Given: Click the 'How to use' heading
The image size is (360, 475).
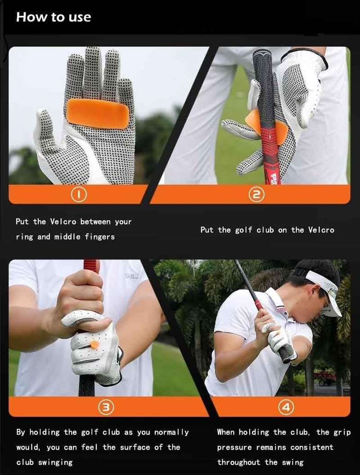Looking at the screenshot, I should [53, 17].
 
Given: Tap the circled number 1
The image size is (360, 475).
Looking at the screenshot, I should [79, 195].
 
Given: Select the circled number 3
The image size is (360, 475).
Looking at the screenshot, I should [106, 407].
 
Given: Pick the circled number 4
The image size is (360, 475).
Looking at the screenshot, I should [285, 407].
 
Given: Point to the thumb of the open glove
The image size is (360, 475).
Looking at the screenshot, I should [45, 135].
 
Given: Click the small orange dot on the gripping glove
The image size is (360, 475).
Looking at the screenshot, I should [94, 344].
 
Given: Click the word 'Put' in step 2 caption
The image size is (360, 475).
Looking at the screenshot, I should [207, 230].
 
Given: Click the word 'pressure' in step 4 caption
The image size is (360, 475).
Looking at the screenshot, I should [235, 448].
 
